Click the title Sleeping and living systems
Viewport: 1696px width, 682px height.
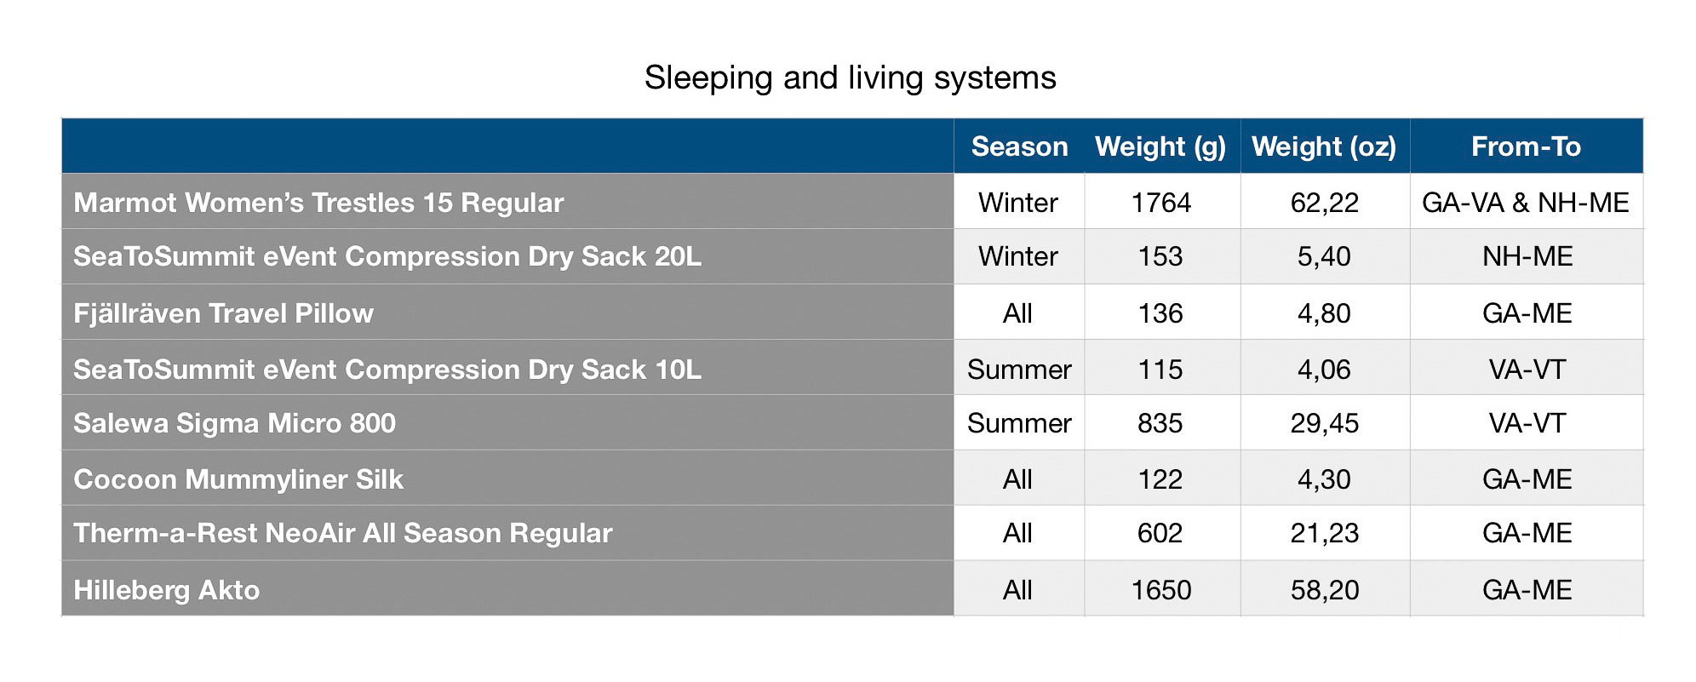coord(850,78)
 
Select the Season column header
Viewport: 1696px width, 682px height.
coord(1019,146)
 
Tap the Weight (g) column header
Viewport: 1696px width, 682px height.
coord(1160,147)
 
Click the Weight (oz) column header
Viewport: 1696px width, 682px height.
coord(1324,147)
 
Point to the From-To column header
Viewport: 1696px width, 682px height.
coord(1526,146)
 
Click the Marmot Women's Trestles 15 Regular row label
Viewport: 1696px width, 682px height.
coord(318,203)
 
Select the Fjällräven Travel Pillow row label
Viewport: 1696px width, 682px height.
coord(223,313)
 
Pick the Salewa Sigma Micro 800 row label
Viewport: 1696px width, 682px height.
coord(234,423)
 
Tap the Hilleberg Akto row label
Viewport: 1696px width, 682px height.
coord(166,590)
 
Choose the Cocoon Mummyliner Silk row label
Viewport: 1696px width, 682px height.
coord(238,479)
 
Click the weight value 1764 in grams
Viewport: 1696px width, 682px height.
coord(1160,203)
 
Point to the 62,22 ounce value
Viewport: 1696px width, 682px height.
coord(1324,203)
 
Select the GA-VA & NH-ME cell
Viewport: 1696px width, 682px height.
coord(1526,203)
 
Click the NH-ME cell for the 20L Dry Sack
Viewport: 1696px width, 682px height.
coord(1527,256)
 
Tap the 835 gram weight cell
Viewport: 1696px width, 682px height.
coord(1160,423)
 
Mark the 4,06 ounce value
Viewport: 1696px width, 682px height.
coord(1324,370)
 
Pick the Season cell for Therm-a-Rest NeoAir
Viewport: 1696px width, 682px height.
coord(1017,533)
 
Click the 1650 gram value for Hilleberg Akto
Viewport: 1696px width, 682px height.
coord(1160,590)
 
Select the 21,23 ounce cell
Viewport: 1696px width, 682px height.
coord(1324,534)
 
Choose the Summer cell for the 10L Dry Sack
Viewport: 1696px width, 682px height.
coord(1019,370)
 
